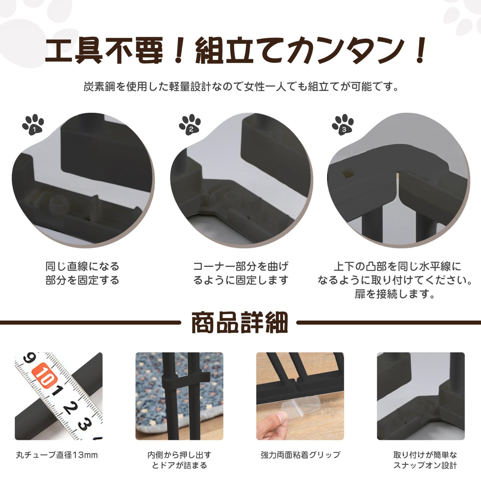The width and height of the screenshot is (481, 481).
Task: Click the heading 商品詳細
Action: pyautogui.click(x=240, y=323)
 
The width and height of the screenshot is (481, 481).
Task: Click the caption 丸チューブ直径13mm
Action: pyautogui.click(x=57, y=455)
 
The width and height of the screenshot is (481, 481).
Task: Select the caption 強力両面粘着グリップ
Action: pyautogui.click(x=300, y=455)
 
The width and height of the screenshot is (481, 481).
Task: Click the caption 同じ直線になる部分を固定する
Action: pyautogui.click(x=82, y=273)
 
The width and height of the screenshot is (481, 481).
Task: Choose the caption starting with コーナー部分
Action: pyautogui.click(x=240, y=273)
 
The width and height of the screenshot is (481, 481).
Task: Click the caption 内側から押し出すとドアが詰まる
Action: pyautogui.click(x=179, y=460)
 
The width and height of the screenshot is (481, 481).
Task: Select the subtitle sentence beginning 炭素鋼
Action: pyautogui.click(x=240, y=87)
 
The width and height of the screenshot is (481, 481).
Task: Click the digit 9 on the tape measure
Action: pyautogui.click(x=29, y=359)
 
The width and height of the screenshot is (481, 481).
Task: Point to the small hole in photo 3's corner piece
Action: pyautogui.click(x=348, y=174)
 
